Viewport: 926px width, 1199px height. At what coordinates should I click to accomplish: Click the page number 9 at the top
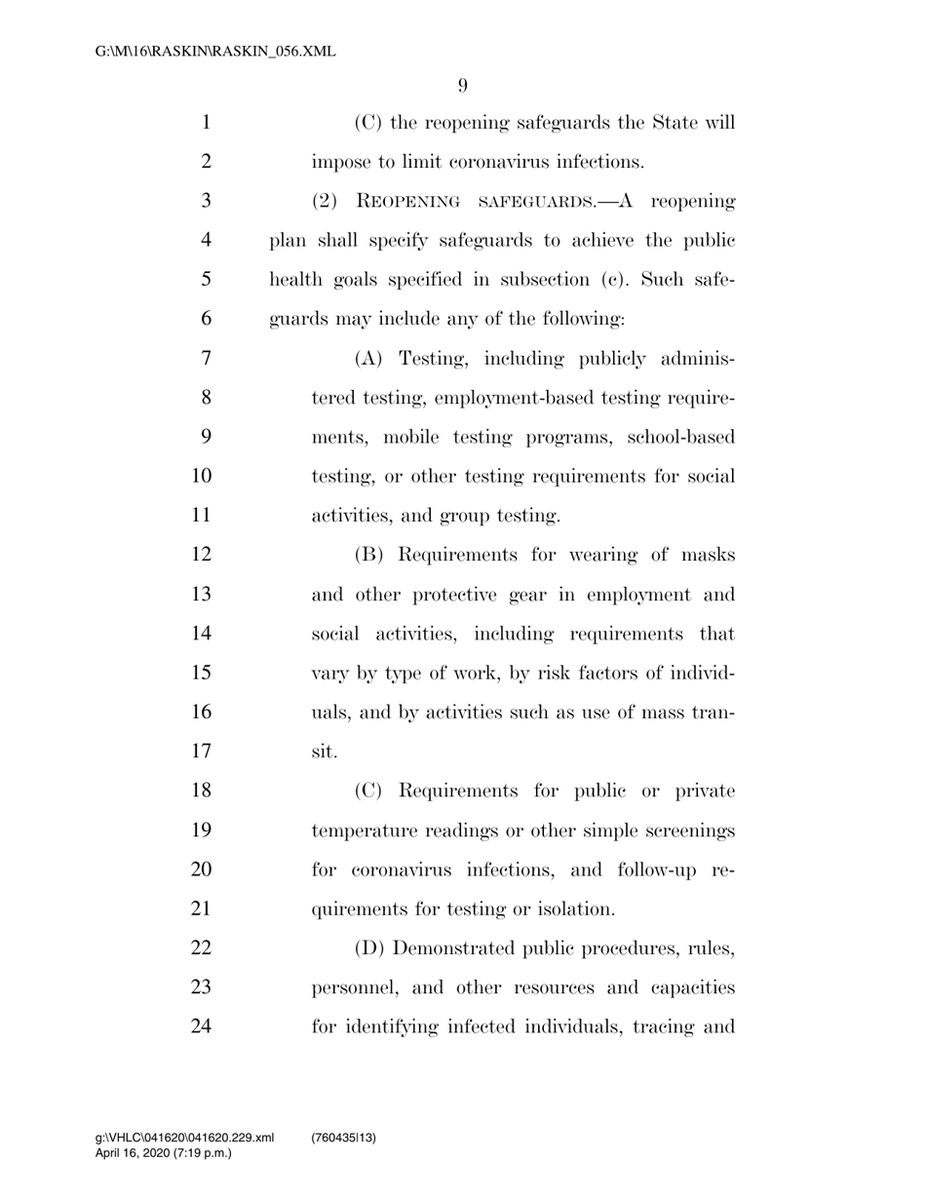462,86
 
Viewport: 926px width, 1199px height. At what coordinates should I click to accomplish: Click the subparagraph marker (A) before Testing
370,359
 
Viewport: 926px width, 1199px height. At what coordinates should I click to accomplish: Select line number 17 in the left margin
201,752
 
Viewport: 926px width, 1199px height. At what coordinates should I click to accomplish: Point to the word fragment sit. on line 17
324,752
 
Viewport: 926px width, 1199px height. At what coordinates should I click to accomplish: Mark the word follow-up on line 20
652,870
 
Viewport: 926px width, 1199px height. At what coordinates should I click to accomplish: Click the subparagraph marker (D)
370,948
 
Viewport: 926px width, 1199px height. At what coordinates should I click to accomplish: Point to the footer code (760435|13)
343,1138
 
